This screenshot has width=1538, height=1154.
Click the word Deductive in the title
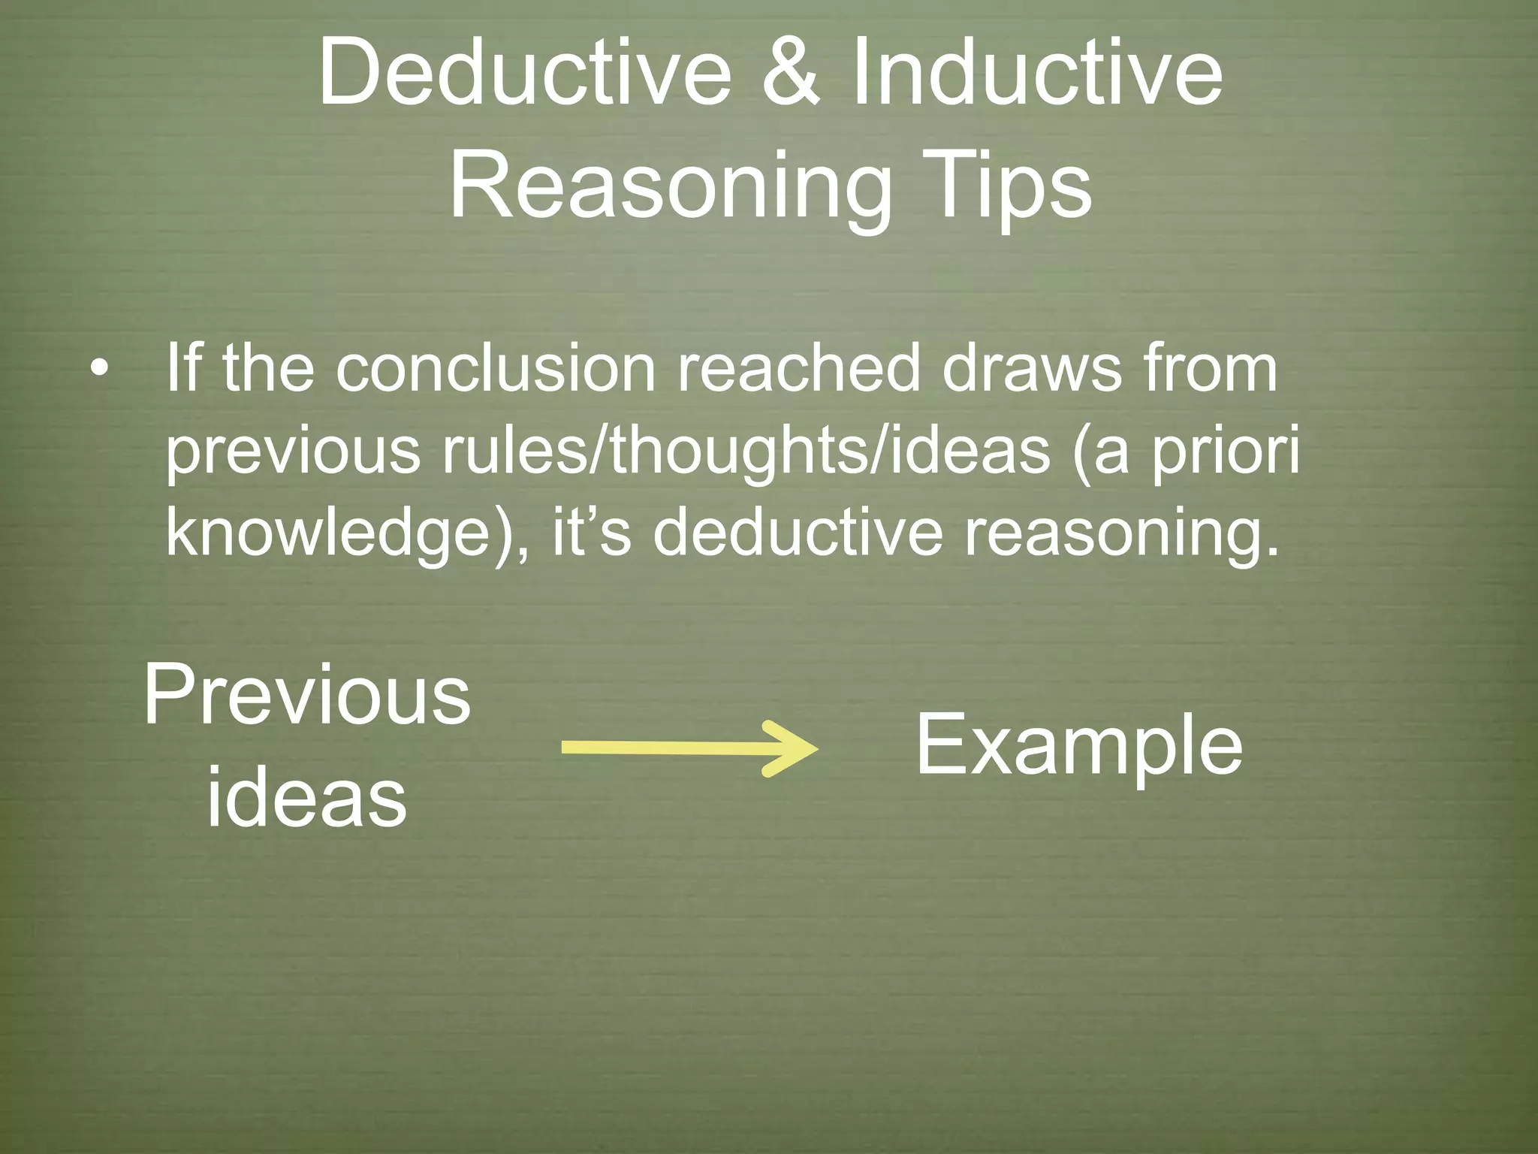524,74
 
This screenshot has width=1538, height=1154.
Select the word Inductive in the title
1036,74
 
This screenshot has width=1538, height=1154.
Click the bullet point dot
98,370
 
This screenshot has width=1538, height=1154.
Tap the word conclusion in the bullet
496,369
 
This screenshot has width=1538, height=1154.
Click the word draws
1030,369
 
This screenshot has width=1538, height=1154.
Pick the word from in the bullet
1209,369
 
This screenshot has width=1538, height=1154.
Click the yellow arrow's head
792,748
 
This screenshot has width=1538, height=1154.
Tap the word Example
1079,746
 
